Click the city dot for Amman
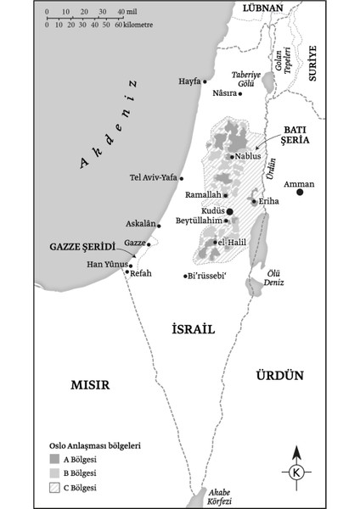coord(300,193)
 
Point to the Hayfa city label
coord(188,81)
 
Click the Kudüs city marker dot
coord(229,212)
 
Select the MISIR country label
coord(91,383)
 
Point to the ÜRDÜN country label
coord(280,374)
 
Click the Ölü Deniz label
coord(271,277)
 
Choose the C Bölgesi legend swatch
coord(53,488)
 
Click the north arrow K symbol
coord(295,472)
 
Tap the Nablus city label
coord(249,156)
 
